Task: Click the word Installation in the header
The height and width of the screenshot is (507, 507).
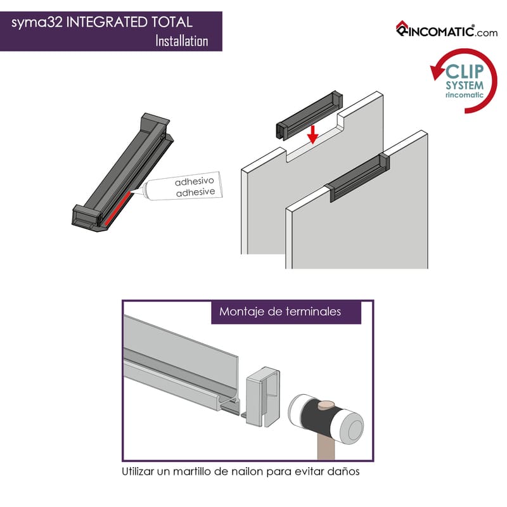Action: [x=182, y=41]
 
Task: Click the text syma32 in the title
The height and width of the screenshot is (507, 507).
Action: [x=37, y=23]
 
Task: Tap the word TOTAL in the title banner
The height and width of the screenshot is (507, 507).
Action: [x=172, y=22]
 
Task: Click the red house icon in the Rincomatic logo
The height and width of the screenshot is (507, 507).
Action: [x=402, y=26]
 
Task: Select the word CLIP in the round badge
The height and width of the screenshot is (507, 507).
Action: [x=465, y=71]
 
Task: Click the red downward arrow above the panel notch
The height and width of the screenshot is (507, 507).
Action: [x=312, y=134]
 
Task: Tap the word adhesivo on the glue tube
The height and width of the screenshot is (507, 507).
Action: [x=195, y=181]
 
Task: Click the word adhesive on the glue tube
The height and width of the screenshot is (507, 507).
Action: [x=196, y=193]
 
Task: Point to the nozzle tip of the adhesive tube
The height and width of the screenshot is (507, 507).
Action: [x=132, y=192]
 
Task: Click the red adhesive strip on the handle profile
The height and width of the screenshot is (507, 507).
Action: [x=117, y=209]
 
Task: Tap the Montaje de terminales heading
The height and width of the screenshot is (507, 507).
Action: [x=280, y=312]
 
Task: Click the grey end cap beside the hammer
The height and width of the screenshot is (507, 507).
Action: [x=263, y=397]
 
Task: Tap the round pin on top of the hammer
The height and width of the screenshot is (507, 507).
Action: [x=326, y=405]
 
